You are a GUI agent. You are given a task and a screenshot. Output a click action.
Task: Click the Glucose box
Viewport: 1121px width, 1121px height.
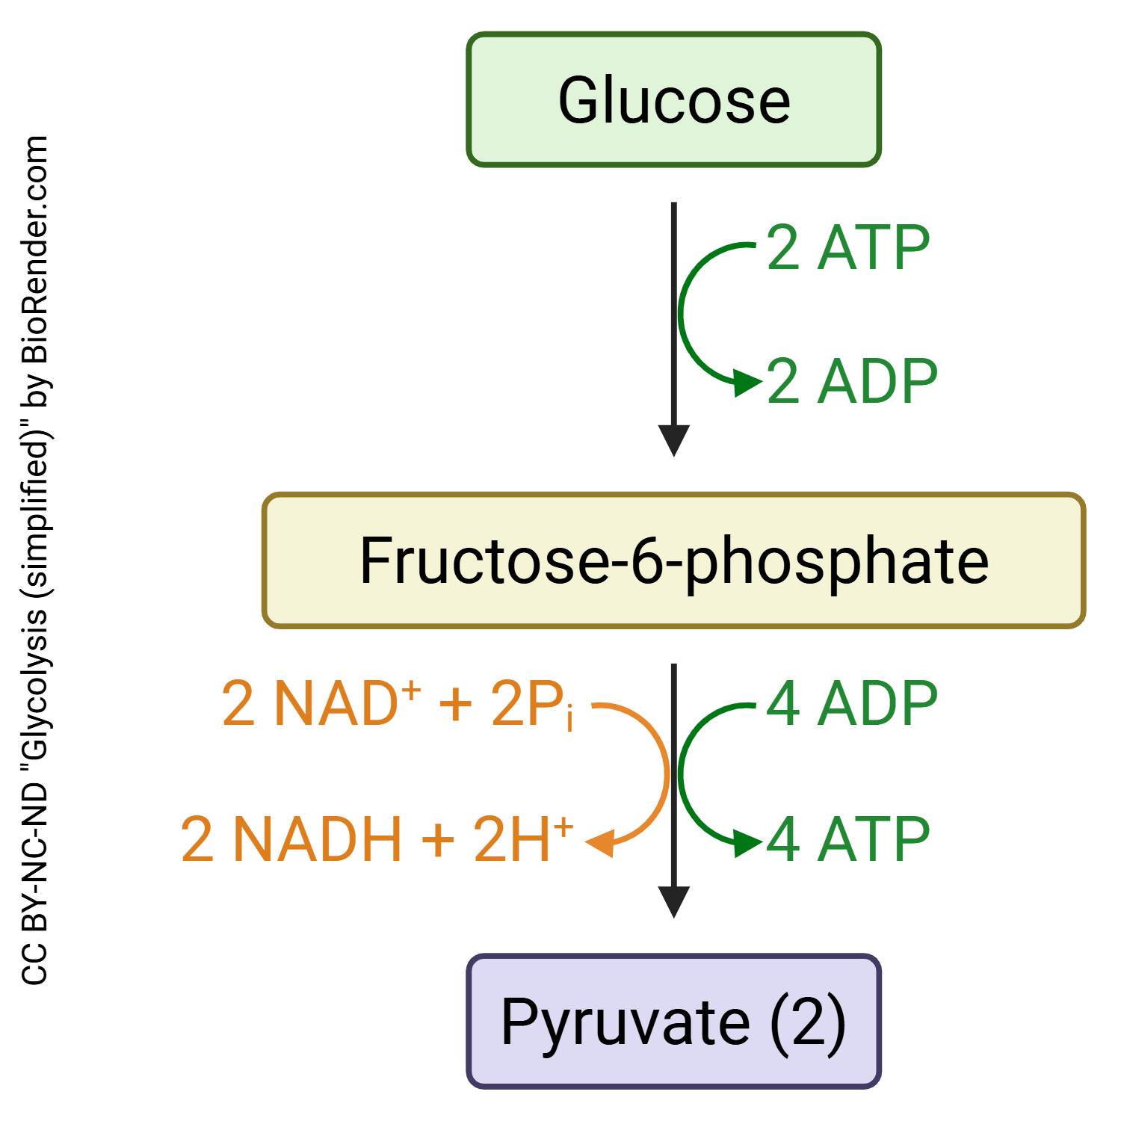click(x=673, y=99)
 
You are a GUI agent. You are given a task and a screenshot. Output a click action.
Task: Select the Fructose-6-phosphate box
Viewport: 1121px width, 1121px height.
click(x=673, y=560)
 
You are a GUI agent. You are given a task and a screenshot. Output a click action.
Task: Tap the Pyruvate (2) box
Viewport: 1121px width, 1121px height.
click(x=673, y=1021)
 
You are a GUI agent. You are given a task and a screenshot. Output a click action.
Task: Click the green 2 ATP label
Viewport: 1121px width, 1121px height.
click(x=848, y=248)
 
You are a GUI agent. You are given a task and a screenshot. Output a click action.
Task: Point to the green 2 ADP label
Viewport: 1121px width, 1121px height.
click(x=852, y=382)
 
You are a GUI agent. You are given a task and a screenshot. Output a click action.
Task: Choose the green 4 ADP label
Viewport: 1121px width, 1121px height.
click(x=852, y=704)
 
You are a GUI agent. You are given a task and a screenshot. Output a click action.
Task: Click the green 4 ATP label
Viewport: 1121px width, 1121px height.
click(x=848, y=839)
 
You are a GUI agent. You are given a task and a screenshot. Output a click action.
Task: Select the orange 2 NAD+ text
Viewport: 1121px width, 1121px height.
click(x=321, y=703)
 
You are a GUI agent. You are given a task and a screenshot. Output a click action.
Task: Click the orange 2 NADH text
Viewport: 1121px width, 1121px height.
click(x=291, y=839)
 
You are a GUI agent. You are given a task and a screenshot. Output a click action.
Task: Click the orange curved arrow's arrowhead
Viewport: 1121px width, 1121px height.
click(x=600, y=843)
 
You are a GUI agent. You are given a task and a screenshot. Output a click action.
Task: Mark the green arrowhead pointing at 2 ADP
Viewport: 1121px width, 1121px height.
click(x=747, y=383)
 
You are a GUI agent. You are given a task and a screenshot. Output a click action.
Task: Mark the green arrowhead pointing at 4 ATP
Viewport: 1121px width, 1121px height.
click(x=747, y=843)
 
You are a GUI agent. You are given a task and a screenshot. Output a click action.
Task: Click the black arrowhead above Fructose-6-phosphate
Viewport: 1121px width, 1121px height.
click(x=673, y=440)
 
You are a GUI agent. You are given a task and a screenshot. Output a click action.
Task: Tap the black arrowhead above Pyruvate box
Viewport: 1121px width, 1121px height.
click(x=673, y=901)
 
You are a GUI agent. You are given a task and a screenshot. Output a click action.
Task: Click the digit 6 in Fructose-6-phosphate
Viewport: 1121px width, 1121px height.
click(x=647, y=561)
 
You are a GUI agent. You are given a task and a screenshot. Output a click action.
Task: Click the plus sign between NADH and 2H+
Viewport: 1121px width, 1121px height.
click(x=438, y=840)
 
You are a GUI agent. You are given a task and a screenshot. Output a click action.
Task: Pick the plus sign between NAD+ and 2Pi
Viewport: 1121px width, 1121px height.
click(x=455, y=705)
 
